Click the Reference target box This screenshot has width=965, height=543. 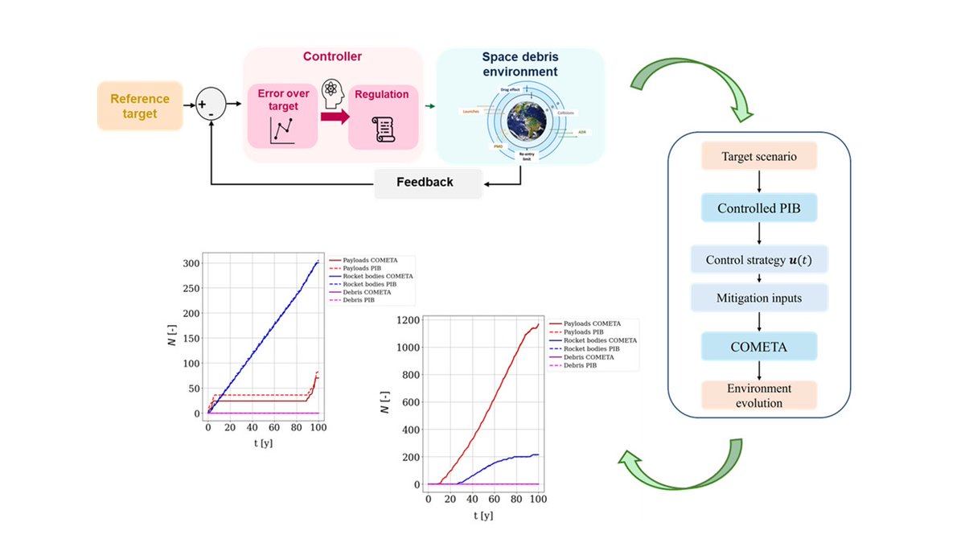[x=140, y=106]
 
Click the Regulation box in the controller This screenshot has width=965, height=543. [x=383, y=116]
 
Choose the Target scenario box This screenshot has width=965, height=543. [x=760, y=156]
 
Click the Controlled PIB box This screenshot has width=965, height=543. [x=760, y=208]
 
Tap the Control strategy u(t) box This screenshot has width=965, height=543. [x=760, y=260]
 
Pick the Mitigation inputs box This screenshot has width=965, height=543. [x=760, y=298]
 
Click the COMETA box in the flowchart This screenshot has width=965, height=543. [x=760, y=346]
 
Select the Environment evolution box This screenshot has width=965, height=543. [x=760, y=395]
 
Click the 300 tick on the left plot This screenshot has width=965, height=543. [x=190, y=264]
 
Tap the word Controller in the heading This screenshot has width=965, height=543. [x=332, y=57]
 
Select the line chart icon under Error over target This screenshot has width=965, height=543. [x=282, y=131]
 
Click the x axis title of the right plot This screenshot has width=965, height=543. [x=483, y=515]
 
